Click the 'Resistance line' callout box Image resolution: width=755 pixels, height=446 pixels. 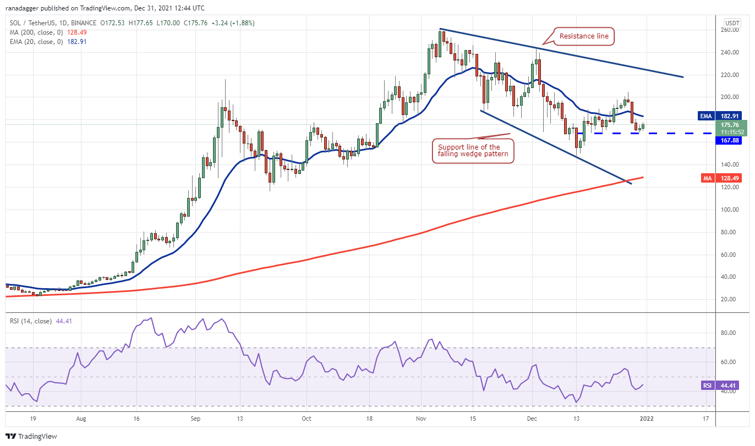point(583,37)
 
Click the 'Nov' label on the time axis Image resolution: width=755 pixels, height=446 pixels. point(421,419)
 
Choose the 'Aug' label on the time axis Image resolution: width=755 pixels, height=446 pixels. point(81,419)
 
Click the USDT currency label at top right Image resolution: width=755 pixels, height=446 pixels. point(732,23)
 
